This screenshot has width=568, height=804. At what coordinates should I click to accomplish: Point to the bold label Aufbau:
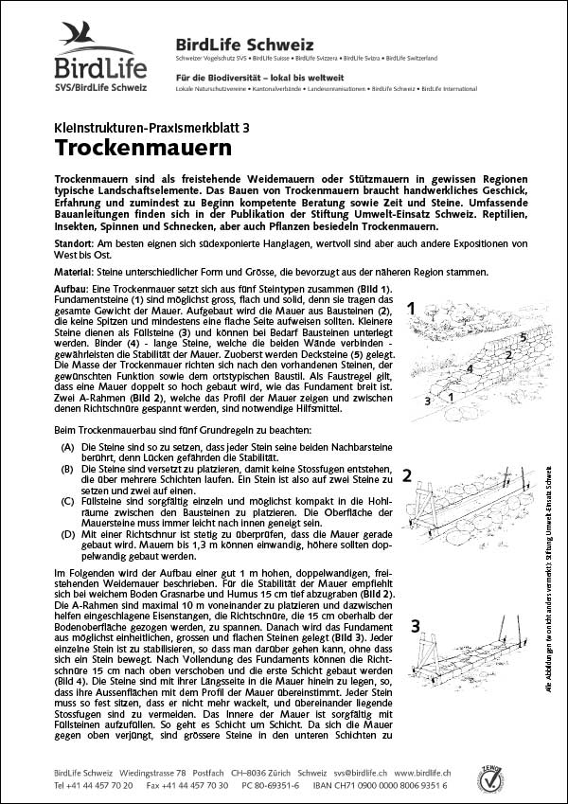(x=73, y=287)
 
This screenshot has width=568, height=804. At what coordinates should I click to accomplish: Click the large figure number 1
(x=412, y=308)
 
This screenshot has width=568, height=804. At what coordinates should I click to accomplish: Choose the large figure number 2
(x=407, y=475)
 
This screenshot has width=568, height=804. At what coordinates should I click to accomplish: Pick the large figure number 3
(x=415, y=625)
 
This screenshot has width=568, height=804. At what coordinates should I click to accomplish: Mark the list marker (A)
(x=66, y=445)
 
